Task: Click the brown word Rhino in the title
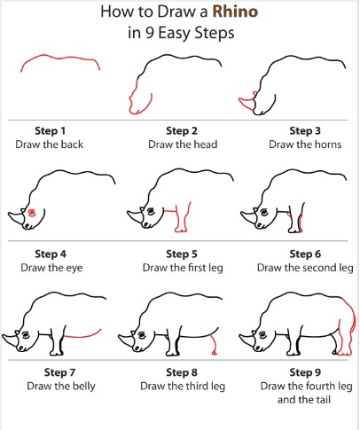click(x=235, y=12)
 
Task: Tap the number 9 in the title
click(x=150, y=33)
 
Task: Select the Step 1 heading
click(x=50, y=130)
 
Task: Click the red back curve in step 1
click(x=60, y=58)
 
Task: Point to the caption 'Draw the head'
click(x=183, y=145)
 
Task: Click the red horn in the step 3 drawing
click(x=247, y=102)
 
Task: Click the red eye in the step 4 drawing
click(x=31, y=213)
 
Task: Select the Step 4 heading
click(x=51, y=254)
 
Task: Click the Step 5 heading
click(x=182, y=254)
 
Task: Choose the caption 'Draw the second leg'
click(x=305, y=268)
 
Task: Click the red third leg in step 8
click(x=214, y=344)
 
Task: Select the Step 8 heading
click(x=182, y=372)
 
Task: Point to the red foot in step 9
click(x=345, y=353)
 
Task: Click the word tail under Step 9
click(x=323, y=400)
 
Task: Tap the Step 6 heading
click(x=305, y=254)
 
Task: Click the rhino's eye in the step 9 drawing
click(x=262, y=334)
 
